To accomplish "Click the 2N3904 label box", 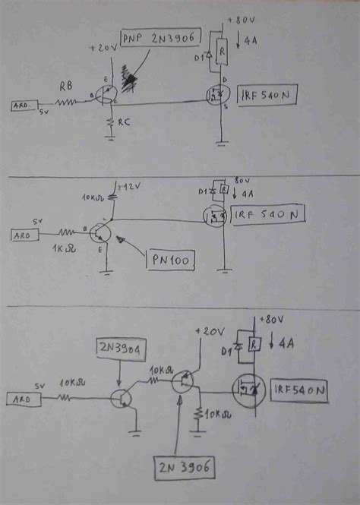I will coord(121,349).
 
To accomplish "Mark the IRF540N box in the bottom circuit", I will coord(302,391).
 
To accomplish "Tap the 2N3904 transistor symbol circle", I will coord(122,397).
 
